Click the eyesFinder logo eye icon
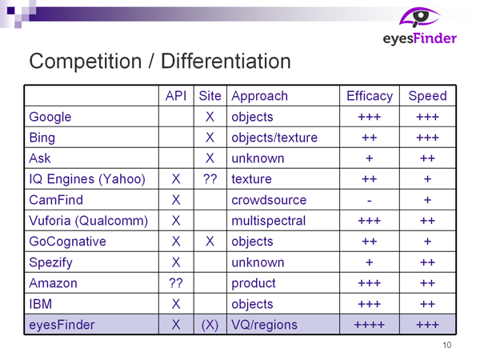coord(419,17)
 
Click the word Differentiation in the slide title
coord(226,62)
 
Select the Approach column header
coord(259,97)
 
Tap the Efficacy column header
coord(370,96)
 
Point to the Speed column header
coord(428,96)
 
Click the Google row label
coord(50,118)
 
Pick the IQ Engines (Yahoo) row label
coord(87,179)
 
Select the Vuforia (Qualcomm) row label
coord(89,221)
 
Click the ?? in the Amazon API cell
coord(176,283)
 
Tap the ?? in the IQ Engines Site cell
coord(210,179)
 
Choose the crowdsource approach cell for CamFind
coord(269,200)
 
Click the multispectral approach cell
coord(269,221)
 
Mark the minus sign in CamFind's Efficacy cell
coord(370,201)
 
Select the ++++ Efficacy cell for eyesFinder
coord(370,325)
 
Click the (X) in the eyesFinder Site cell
coord(210,325)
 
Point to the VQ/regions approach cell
coord(264,325)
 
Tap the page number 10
coord(447,345)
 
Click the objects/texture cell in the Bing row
coord(274,138)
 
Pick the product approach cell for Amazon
coord(254,283)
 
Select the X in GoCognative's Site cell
coord(210,242)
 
